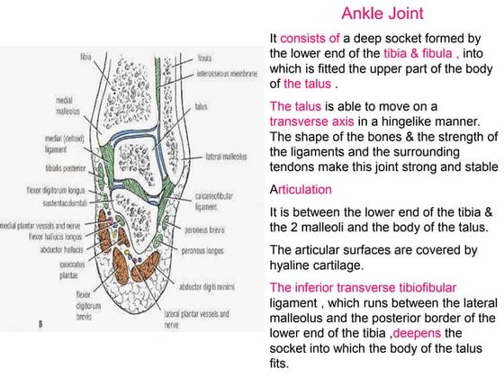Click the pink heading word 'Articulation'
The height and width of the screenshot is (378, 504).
click(301, 190)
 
